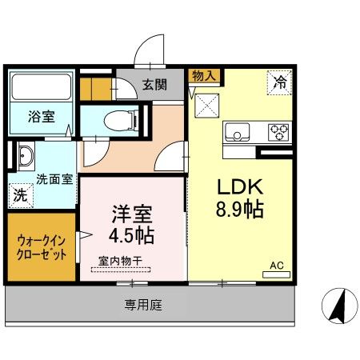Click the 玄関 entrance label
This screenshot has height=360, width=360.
pos(155,84)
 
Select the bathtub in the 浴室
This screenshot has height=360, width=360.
pos(40,86)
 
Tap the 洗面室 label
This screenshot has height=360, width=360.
pos(54,179)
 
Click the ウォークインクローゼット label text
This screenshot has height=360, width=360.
pos(42,247)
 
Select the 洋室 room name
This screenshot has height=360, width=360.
pos(131,214)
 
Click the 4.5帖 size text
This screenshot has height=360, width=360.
pos(131,236)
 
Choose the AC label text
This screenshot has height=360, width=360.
pos(276,265)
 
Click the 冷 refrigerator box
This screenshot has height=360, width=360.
pos(279,80)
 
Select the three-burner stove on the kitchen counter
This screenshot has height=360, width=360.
pos(278,130)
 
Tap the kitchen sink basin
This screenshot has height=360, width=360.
pos(238,131)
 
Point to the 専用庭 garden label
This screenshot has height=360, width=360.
pos(142,305)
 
